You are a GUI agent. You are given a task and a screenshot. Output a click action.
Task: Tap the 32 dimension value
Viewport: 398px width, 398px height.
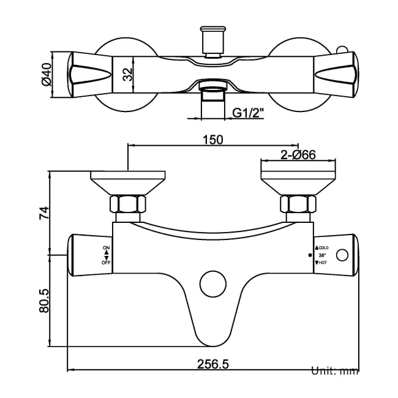tap(126, 75)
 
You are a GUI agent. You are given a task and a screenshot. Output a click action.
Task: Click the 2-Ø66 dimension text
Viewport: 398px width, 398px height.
tap(298, 154)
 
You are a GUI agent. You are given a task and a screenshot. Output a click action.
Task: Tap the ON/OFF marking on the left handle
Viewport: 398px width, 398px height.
tap(107, 255)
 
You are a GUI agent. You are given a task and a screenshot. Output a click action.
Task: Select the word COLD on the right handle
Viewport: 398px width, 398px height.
tap(324, 247)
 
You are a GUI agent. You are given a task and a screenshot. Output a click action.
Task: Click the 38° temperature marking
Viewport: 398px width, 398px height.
tap(321, 255)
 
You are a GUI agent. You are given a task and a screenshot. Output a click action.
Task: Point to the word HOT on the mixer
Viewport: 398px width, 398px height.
tap(323, 262)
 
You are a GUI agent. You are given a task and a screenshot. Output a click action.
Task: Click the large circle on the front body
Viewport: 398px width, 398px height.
tap(212, 284)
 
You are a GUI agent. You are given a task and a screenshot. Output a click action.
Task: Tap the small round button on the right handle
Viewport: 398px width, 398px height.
tap(344, 254)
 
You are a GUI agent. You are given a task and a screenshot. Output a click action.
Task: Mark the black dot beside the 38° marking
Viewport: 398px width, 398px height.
tap(310, 255)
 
